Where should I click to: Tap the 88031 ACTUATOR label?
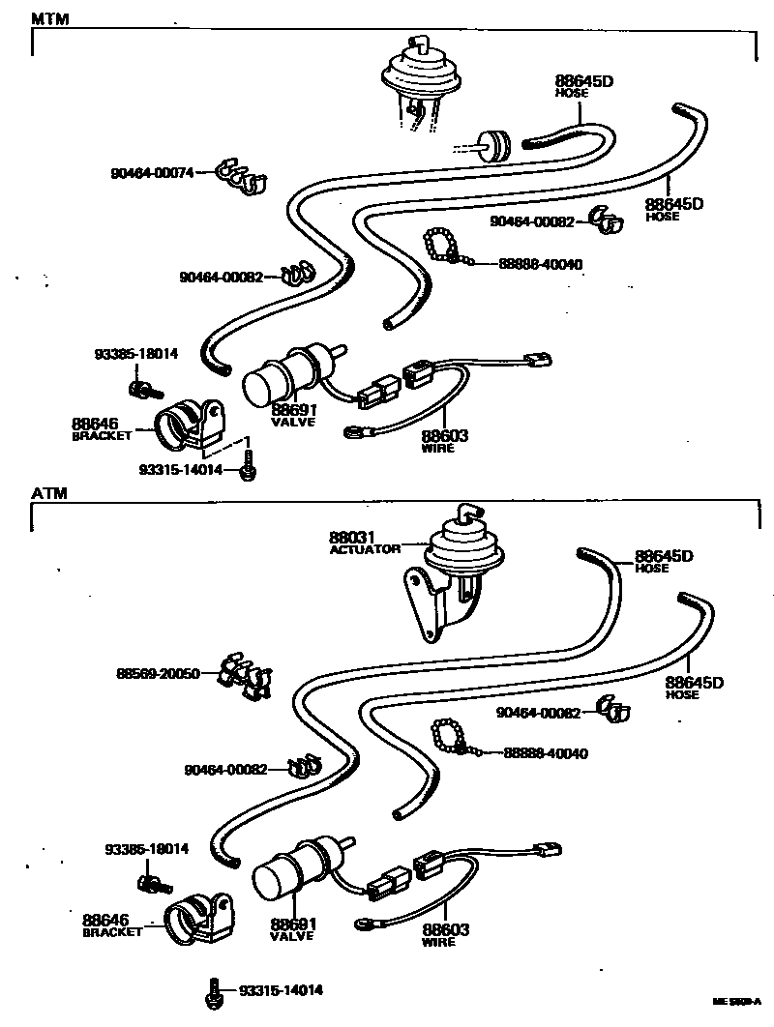coord(363,542)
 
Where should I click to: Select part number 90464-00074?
coord(151,173)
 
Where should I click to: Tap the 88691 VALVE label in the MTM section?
coord(294,415)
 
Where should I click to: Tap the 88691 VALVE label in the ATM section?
coord(294,929)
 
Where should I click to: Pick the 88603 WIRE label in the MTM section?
coord(445,441)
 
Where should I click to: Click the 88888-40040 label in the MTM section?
coord(541,264)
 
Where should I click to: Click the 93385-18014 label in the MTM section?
coord(135,354)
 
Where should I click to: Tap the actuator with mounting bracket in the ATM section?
coord(445,580)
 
